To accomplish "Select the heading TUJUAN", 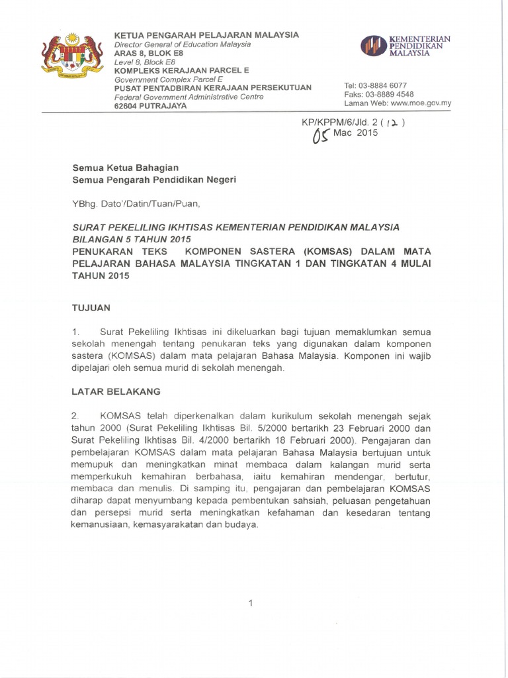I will [91, 308].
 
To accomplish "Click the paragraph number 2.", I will [75, 416].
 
